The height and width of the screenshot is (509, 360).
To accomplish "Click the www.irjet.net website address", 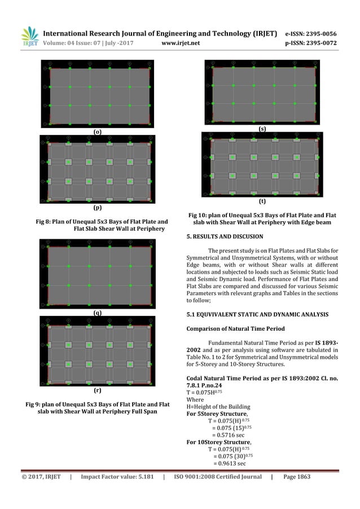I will pos(181,41).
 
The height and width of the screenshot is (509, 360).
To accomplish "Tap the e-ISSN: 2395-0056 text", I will pos(317,32).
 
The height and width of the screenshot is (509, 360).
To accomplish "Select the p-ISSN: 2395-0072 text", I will pos(317,41).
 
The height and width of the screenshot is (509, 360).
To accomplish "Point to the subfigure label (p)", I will pos(97,208).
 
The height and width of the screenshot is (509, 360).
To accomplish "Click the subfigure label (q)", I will pos(97,312).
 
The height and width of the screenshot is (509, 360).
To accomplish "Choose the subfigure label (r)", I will pos(97,390).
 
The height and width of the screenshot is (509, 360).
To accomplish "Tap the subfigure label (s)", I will pos(262,129).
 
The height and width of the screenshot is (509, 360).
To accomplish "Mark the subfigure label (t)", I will pos(262,201).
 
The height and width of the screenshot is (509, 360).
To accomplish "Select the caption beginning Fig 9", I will pos(97,408).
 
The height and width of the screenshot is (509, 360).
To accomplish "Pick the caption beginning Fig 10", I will pos(262,219).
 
